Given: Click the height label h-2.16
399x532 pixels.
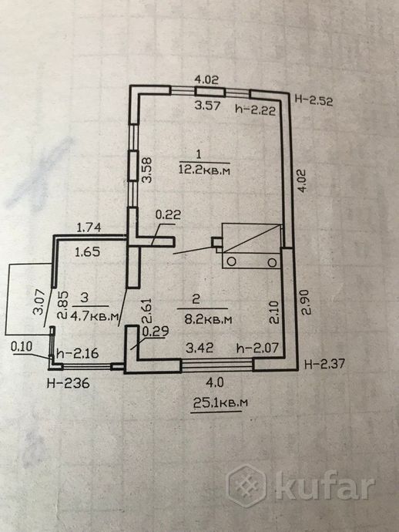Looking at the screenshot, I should [x=79, y=352].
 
